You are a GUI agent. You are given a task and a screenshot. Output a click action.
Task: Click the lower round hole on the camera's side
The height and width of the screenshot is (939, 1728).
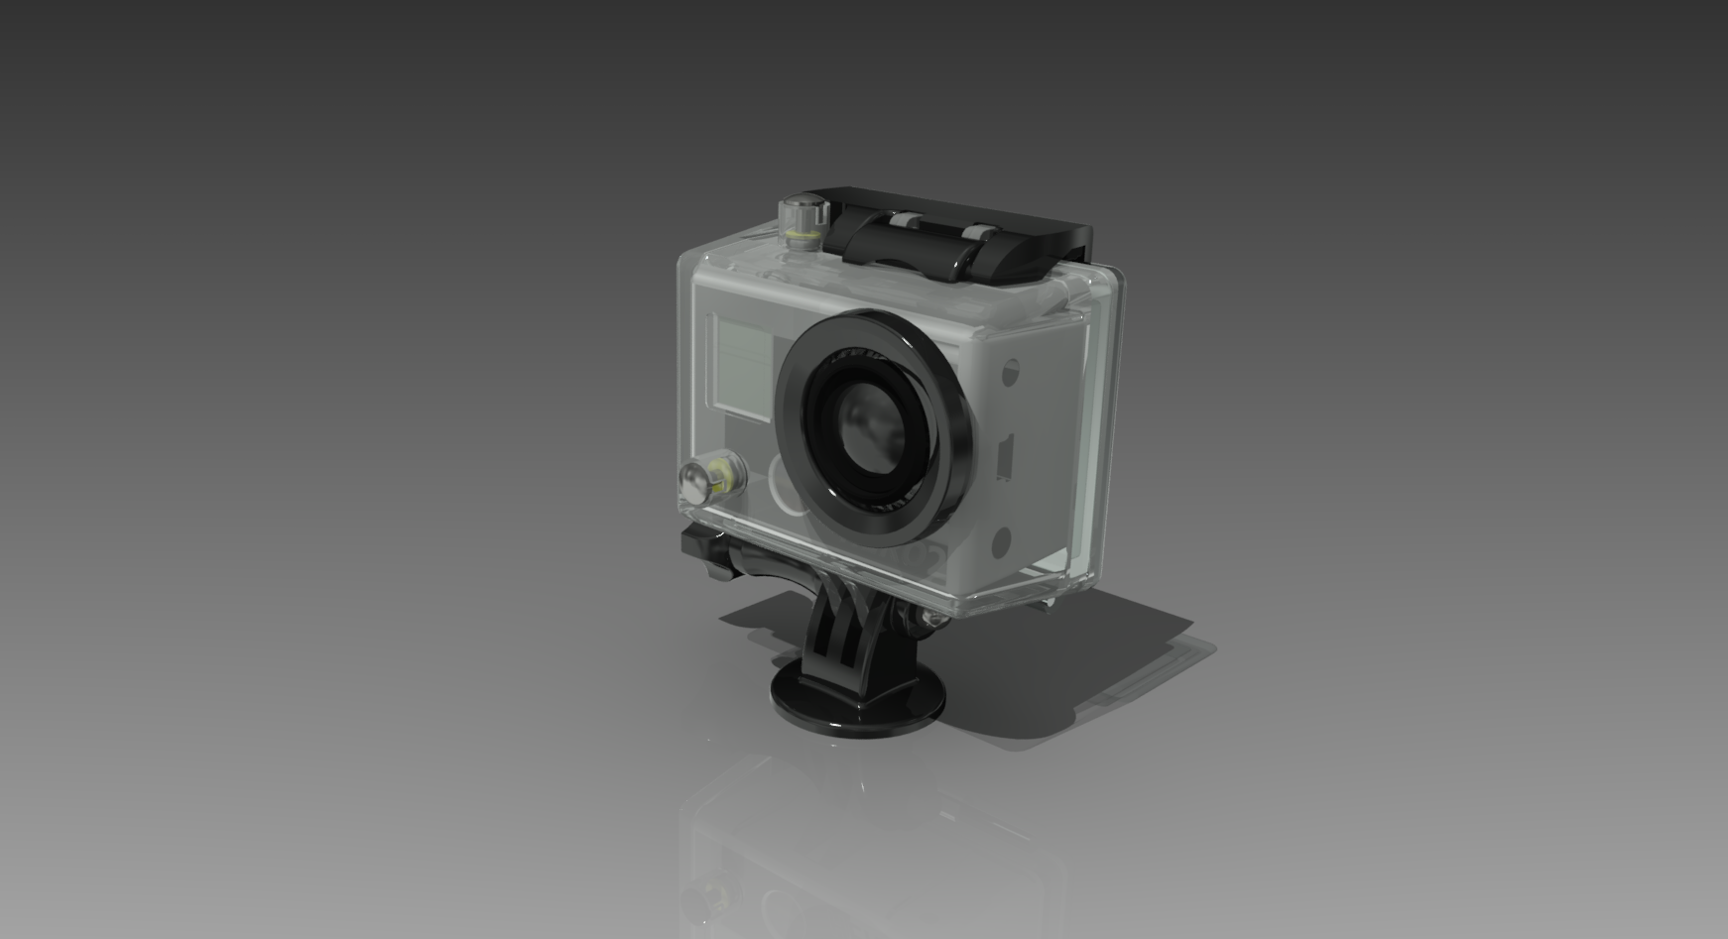[1001, 541]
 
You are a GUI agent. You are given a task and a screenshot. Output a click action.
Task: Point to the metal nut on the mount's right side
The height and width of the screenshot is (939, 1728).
[929, 618]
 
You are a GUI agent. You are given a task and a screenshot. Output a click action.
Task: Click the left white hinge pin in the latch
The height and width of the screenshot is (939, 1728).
[905, 217]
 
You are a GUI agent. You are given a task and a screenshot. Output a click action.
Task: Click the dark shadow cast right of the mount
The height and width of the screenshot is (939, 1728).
[1071, 674]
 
